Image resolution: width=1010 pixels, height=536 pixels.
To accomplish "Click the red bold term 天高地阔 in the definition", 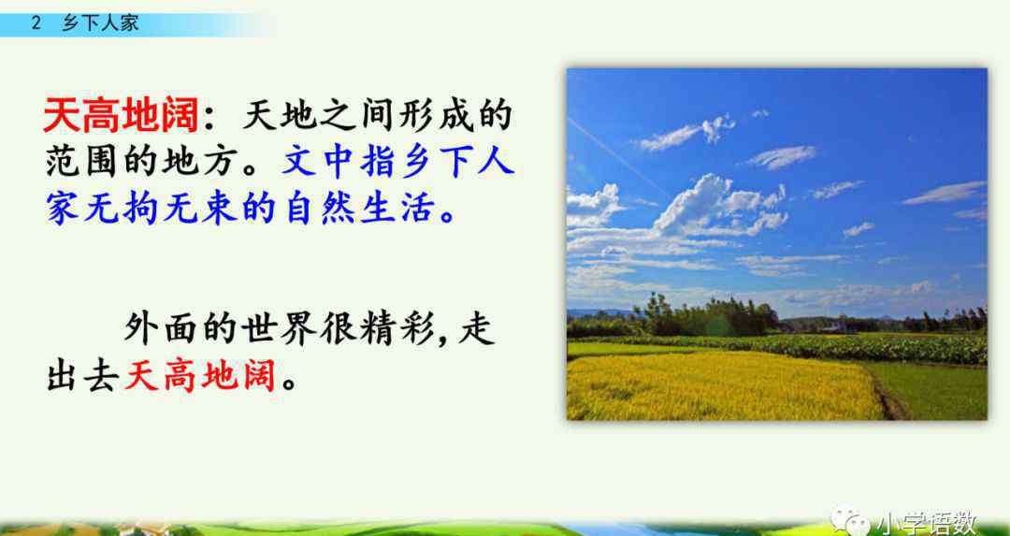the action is coord(121,116).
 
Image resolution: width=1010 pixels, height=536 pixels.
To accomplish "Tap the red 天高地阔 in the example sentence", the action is coord(199,376).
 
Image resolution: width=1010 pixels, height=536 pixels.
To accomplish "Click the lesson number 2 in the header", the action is coord(36,23).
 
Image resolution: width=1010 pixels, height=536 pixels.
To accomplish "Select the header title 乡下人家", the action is coord(100,23).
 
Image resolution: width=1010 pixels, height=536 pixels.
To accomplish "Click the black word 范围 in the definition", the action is coord(82,163).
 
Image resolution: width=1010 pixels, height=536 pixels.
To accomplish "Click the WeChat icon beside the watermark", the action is coord(849,520).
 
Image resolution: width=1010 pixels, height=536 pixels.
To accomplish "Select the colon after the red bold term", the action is coord(210,118).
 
